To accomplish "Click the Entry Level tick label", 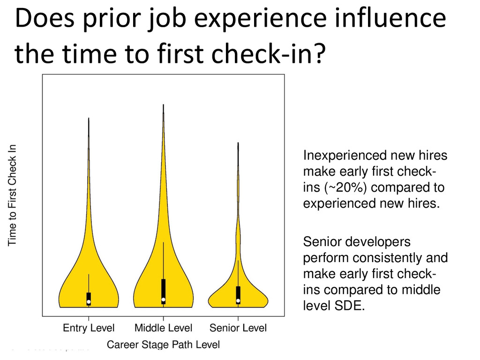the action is (89, 328).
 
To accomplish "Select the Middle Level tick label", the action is (163, 328).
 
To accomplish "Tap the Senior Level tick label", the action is (238, 328).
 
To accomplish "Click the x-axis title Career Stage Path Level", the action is (163, 345).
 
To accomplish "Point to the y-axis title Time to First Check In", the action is (12, 195).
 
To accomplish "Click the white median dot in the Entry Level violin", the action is (89, 302).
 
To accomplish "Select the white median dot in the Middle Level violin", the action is (164, 300).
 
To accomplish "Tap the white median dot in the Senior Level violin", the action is (238, 301).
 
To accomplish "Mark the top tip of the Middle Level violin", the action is (164, 105).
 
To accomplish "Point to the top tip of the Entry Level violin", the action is (89, 118).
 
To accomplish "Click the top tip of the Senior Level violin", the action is (238, 142).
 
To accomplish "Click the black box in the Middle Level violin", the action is (164, 292).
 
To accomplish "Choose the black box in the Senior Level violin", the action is (238, 295).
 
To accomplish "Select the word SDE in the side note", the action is (350, 306).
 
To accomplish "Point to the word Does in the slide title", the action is (45, 18).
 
